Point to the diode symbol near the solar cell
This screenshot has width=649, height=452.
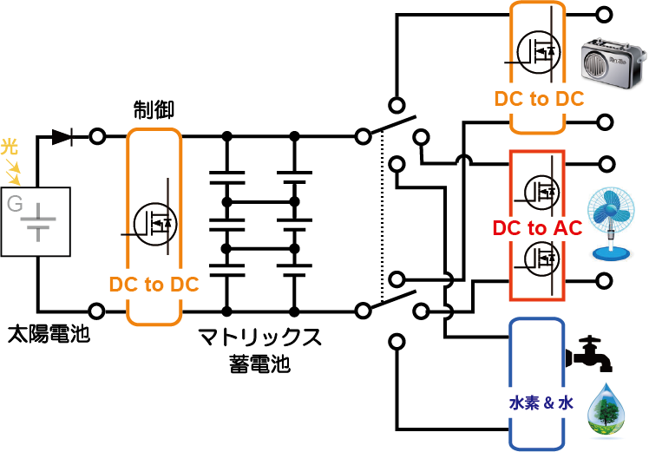coord(61,136)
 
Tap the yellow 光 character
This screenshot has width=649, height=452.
coord(10,146)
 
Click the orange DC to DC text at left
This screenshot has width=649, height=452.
coord(154,284)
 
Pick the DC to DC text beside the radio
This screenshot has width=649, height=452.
coord(539,99)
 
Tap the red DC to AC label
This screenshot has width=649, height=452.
coord(537,228)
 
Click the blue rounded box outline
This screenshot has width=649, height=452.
coord(512,382)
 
